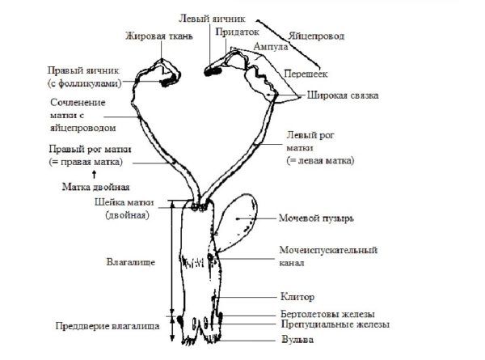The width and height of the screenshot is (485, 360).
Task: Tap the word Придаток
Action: tap(234, 32)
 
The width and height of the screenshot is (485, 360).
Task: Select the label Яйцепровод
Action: tap(316, 36)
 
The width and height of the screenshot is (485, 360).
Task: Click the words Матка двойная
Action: tap(96, 184)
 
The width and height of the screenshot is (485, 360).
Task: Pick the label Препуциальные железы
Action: tap(334, 324)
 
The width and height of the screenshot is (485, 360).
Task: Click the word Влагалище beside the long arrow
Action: tap(131, 261)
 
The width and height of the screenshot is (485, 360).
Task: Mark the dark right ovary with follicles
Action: tap(168, 78)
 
